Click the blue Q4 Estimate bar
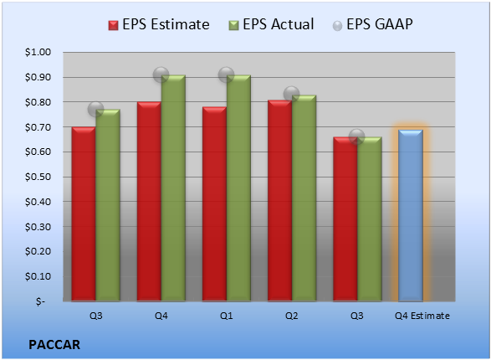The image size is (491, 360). click(411, 215)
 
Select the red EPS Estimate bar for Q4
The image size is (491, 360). click(149, 202)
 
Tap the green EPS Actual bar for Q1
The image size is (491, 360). click(238, 188)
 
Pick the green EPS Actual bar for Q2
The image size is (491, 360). click(304, 198)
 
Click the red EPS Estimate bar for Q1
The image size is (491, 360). click(214, 204)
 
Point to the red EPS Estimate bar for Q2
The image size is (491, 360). click(280, 201)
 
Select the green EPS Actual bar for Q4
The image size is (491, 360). click(173, 188)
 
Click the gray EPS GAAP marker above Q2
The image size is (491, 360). click(292, 94)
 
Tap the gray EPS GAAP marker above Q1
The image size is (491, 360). click(226, 75)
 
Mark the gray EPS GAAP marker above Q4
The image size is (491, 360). click(161, 75)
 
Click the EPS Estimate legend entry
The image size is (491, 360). click(159, 24)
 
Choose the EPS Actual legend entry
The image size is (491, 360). click(272, 24)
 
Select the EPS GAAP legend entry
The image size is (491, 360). click(372, 24)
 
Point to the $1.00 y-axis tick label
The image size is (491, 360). click(38, 52)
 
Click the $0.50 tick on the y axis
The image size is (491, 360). click(38, 177)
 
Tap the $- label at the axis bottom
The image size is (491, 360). click(40, 301)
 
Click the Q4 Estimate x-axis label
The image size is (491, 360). click(422, 316)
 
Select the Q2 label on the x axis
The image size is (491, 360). click(292, 316)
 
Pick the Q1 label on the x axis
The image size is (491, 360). click(226, 316)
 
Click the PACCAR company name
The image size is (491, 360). click(54, 345)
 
